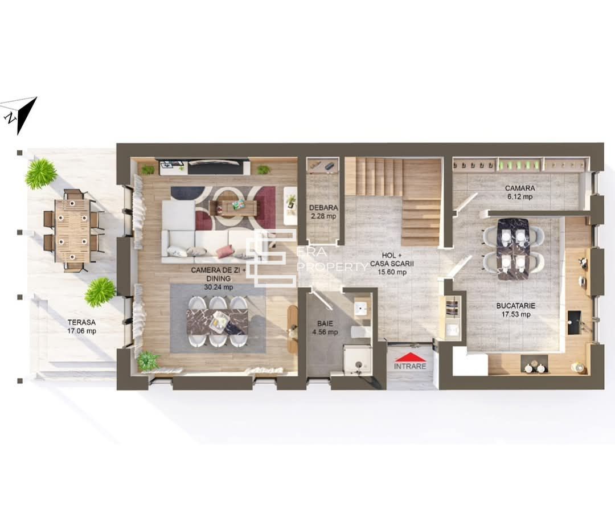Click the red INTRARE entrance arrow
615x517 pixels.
point(409,358)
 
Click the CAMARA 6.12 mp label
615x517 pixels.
point(519,192)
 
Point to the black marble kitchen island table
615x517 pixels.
point(513,249)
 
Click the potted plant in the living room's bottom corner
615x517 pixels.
point(148,360)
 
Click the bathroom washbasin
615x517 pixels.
point(360,308)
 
